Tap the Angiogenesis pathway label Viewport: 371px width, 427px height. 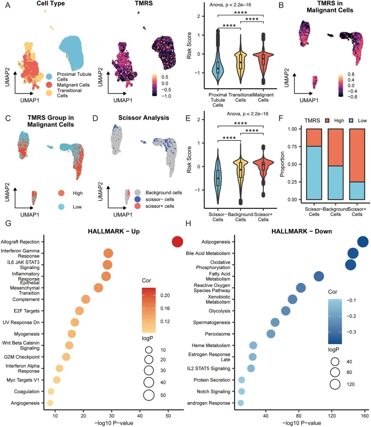click(x=25, y=403)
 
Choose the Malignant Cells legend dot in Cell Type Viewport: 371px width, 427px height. click(x=49, y=85)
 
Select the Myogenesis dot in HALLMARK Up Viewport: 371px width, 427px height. click(x=71, y=333)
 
